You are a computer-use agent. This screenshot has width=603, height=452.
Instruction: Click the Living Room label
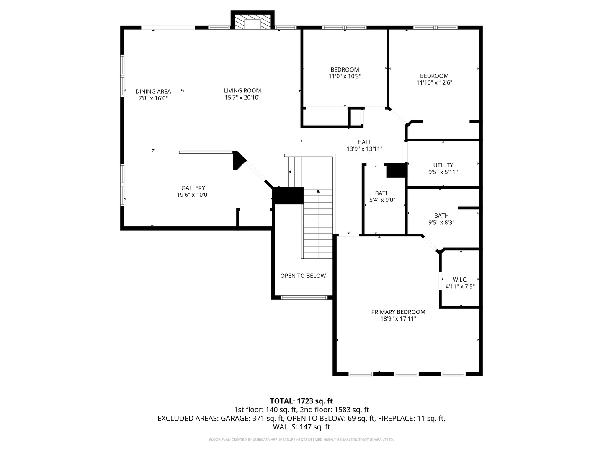(242, 91)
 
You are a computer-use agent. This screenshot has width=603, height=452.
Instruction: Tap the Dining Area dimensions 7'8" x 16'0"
(153, 98)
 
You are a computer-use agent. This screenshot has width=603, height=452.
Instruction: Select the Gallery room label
(193, 188)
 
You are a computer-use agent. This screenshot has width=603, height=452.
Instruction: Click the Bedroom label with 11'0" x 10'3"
(345, 70)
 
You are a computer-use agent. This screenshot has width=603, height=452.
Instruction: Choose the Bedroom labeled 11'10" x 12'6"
(434, 76)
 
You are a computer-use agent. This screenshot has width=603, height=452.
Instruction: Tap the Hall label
(364, 142)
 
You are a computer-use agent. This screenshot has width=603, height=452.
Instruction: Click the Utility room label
(443, 165)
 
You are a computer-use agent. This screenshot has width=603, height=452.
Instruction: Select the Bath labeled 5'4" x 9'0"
(382, 193)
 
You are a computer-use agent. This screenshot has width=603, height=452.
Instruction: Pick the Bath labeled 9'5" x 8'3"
(441, 216)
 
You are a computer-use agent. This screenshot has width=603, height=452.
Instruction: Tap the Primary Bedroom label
(398, 312)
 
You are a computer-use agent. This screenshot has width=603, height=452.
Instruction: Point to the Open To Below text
(303, 276)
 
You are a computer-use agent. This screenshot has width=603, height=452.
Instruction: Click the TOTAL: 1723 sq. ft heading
(301, 401)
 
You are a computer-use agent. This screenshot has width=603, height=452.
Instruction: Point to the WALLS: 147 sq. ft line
(301, 427)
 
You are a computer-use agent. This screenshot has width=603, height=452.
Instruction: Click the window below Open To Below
(304, 298)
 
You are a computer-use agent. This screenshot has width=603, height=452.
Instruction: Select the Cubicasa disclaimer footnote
(301, 440)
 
